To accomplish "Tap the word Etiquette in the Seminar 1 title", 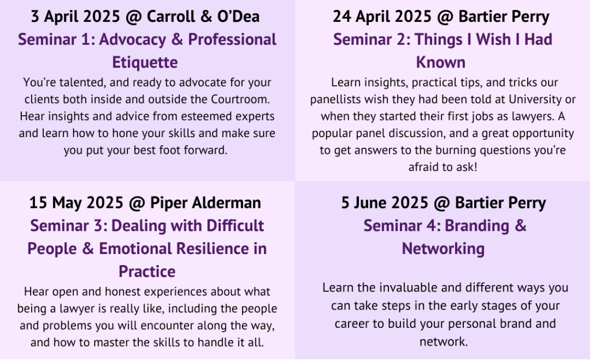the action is click(x=145, y=62).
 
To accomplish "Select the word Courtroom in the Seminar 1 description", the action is click(x=240, y=99).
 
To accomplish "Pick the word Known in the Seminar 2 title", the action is click(x=441, y=62).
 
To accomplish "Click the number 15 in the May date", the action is click(x=38, y=203).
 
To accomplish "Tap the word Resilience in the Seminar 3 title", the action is click(x=213, y=249).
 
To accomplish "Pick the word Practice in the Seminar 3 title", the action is click(x=147, y=272).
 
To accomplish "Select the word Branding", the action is click(x=476, y=226).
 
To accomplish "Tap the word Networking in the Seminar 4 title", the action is click(x=443, y=249).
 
